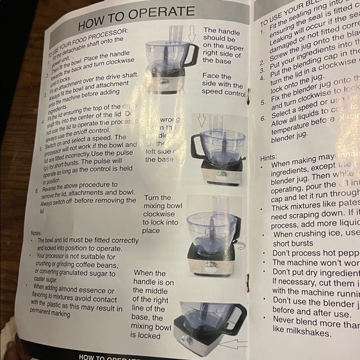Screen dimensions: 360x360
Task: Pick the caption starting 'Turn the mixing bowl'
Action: [x=160, y=214]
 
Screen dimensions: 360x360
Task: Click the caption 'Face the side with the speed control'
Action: [x=223, y=84]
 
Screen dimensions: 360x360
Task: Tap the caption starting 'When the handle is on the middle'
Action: [x=153, y=304]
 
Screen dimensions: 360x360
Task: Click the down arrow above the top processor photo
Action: [x=191, y=35]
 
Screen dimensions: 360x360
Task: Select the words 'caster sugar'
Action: [x=50, y=280]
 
